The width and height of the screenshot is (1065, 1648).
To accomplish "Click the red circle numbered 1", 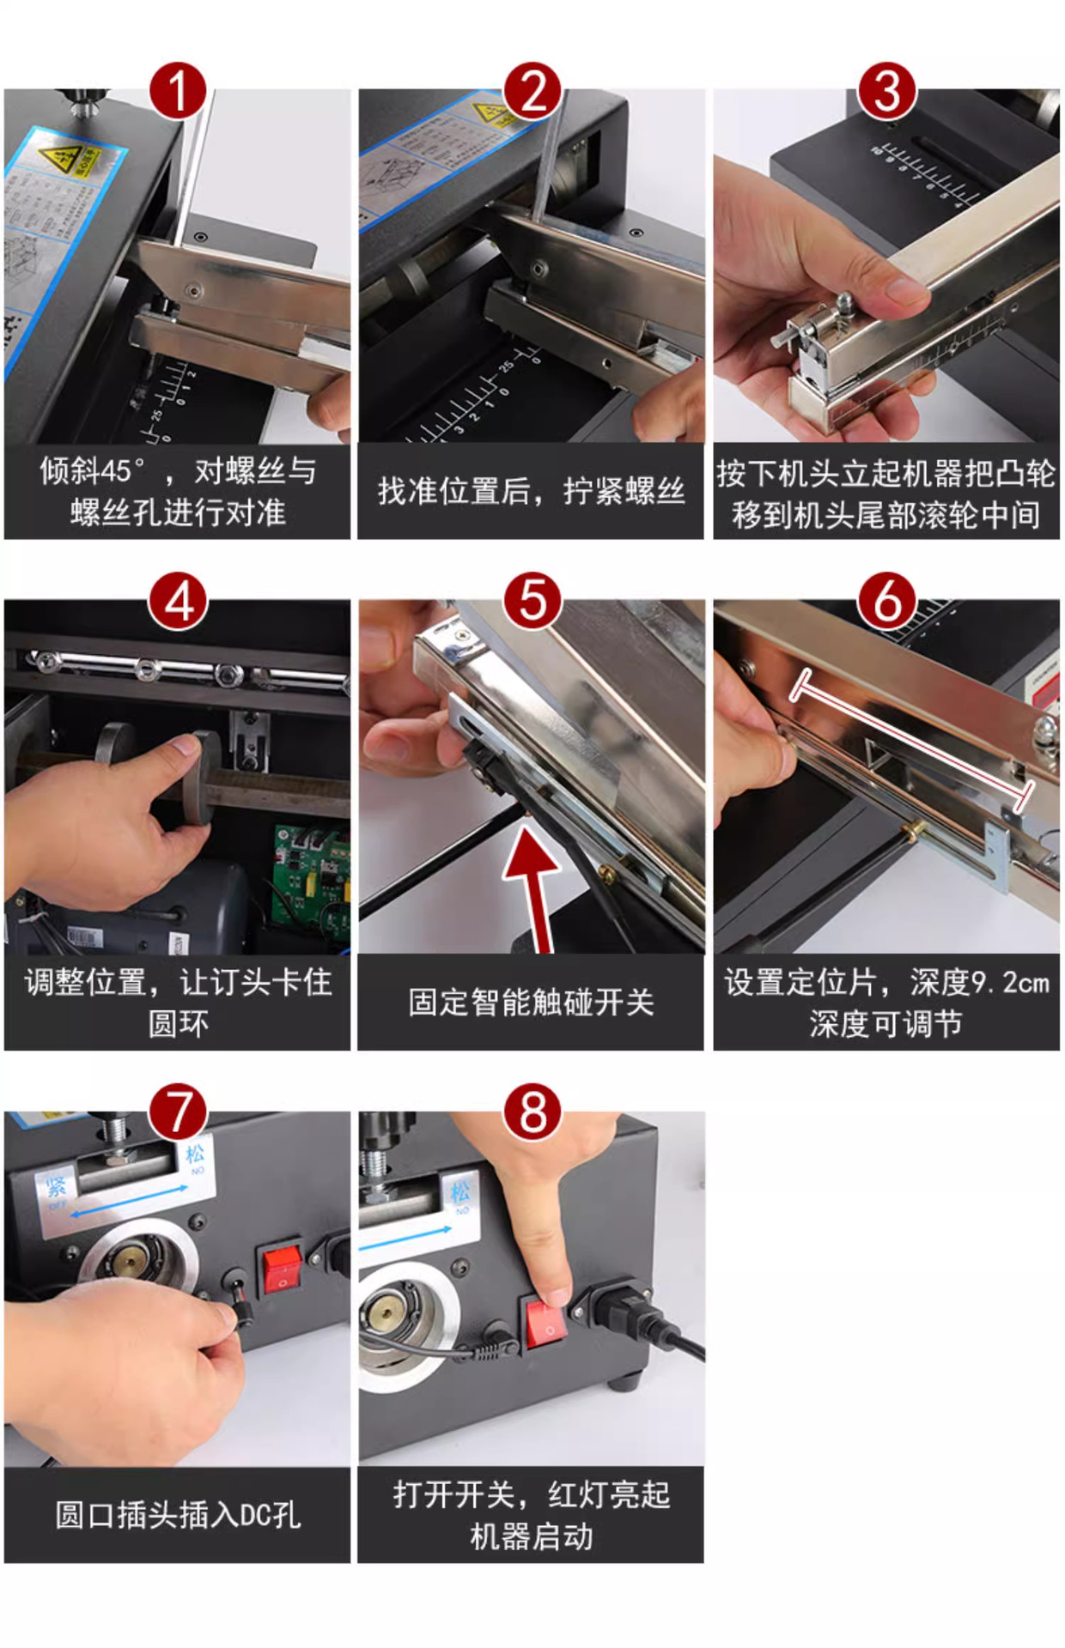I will (x=178, y=92).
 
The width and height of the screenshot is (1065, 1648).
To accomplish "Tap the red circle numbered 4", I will (x=178, y=601).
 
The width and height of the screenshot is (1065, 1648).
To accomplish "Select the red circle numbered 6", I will (x=887, y=601).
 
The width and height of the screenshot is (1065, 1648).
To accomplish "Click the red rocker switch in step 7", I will (x=282, y=1269).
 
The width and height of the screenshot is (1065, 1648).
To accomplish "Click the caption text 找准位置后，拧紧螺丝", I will (x=531, y=492).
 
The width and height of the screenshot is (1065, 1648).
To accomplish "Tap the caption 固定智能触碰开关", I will (x=531, y=1002).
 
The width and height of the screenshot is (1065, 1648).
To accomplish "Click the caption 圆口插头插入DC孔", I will (x=178, y=1515).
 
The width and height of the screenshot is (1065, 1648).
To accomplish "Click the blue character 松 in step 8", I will (x=461, y=1191).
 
